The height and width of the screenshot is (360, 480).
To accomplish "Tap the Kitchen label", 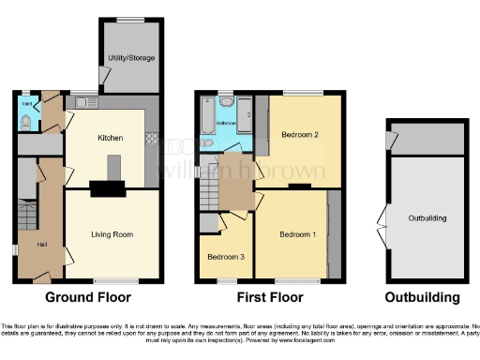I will pyautogui.click(x=111, y=138).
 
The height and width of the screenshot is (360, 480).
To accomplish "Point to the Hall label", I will pyautogui.click(x=41, y=245).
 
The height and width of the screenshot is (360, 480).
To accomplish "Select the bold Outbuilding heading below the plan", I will pyautogui.click(x=427, y=298).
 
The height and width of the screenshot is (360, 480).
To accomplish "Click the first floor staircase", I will pyautogui.click(x=208, y=194).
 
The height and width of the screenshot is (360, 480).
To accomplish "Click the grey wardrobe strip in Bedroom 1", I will pyautogui.click(x=333, y=233).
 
